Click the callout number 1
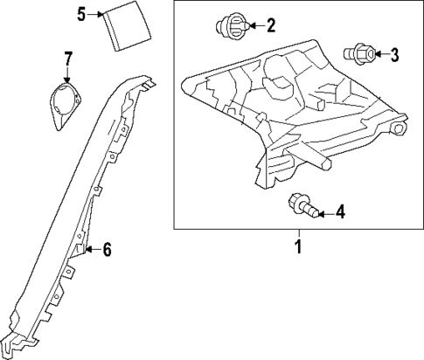click(297, 246)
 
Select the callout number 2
click(270, 25)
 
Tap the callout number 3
click(394, 55)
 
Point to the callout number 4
click(340, 211)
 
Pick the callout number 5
click(81, 14)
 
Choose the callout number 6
click(107, 250)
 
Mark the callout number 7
click(68, 59)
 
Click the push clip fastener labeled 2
click(232, 24)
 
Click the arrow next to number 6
click(91, 250)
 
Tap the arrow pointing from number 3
click(380, 55)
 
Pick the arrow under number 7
click(68, 75)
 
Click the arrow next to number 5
click(95, 14)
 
